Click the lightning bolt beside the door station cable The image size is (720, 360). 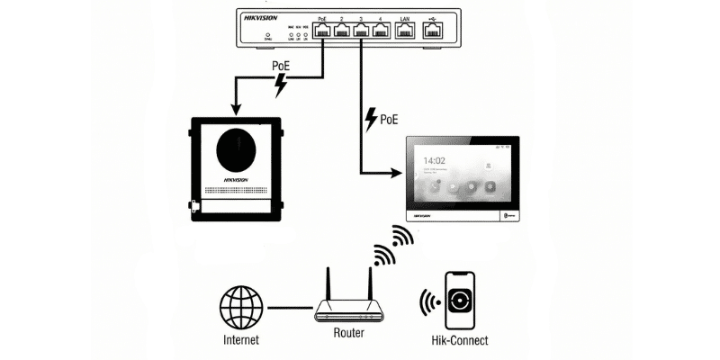[x=282, y=85]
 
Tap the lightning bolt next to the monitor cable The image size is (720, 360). [x=371, y=119]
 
